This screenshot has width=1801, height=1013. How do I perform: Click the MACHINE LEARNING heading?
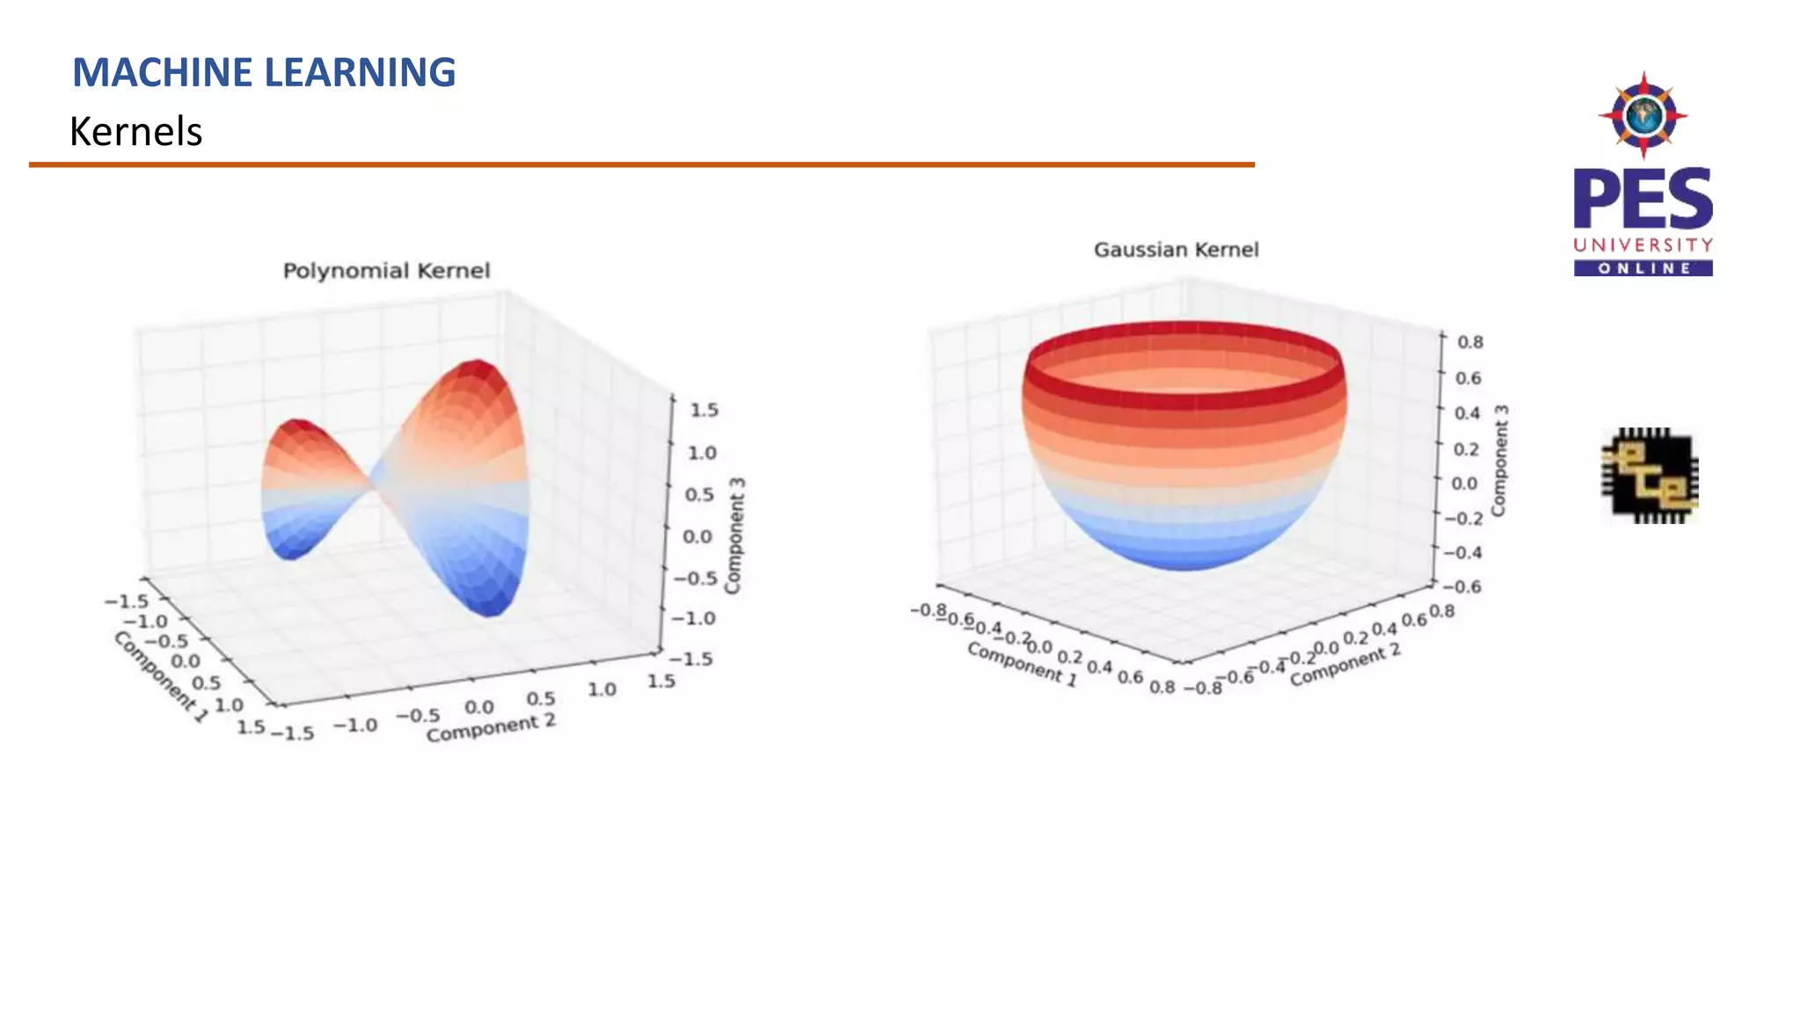point(264,72)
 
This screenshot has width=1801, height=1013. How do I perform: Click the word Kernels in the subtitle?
point(135,132)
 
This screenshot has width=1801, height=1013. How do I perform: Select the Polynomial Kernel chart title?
point(386,271)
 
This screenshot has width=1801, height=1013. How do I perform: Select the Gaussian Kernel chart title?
point(1176,250)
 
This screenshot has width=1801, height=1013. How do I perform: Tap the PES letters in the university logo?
point(1643,200)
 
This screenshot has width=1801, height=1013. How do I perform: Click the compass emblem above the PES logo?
point(1643,115)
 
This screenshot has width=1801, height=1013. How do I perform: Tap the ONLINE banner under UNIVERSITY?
point(1643,268)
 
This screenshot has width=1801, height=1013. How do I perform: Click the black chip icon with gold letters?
point(1649,476)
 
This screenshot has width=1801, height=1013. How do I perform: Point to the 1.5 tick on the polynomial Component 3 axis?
point(704,410)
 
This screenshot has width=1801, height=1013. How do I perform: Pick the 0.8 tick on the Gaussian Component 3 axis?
point(1469,342)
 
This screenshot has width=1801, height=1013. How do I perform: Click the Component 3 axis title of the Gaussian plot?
point(1499,461)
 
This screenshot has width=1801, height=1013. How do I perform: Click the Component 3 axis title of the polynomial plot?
point(734,536)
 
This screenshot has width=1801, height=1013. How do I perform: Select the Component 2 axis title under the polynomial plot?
point(491,728)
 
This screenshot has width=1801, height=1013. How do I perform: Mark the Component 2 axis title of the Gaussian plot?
point(1345,666)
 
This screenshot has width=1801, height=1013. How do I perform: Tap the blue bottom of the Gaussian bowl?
point(1184,554)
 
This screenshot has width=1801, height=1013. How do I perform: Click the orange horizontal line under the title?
point(641,164)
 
